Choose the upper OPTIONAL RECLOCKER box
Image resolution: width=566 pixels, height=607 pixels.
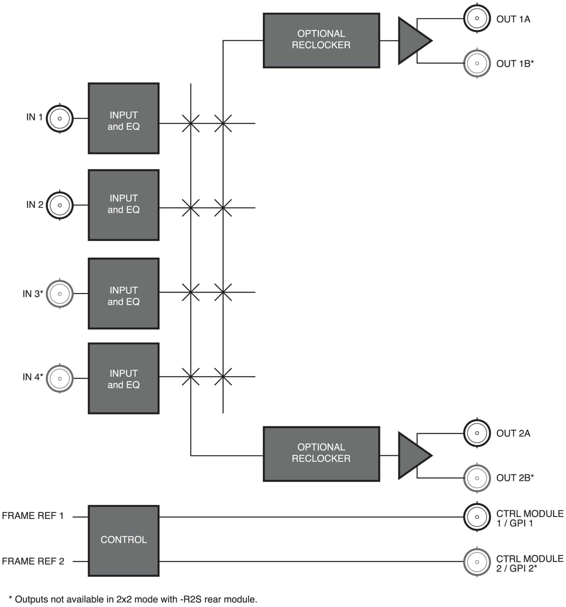321,40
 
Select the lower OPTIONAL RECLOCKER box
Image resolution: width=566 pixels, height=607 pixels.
321,454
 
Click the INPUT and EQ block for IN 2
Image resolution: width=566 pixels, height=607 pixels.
124,205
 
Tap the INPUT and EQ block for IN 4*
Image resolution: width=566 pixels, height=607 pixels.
124,378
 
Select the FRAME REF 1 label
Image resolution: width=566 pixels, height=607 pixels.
33,516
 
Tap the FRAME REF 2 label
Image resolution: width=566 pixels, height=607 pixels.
33,561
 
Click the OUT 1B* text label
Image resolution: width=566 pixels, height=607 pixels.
515,64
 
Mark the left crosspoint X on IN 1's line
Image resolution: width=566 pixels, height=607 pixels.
191,123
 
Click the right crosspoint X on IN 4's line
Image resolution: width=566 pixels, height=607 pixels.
223,377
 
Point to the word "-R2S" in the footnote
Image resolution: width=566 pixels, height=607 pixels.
190,599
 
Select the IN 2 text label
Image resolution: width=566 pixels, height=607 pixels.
35,204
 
